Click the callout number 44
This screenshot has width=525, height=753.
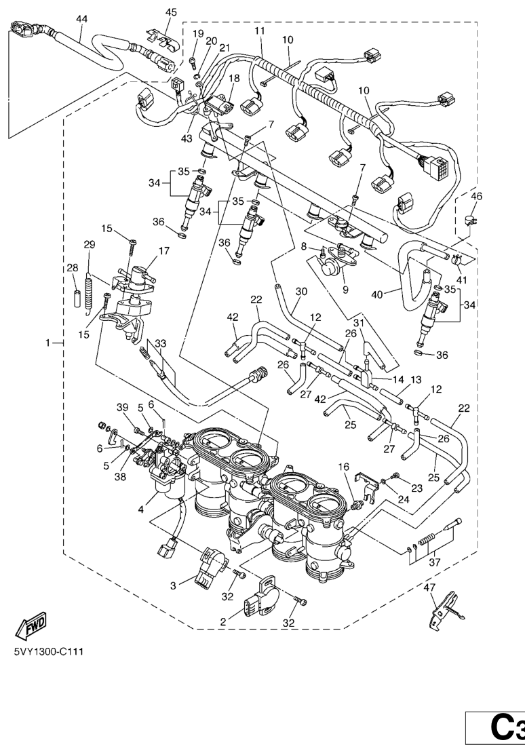pyautogui.click(x=81, y=19)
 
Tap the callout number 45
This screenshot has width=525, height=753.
pyautogui.click(x=171, y=12)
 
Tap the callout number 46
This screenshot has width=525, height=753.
pyautogui.click(x=476, y=197)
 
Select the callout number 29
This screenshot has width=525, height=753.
pyautogui.click(x=89, y=245)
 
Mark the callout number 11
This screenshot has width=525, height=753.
pyautogui.click(x=260, y=31)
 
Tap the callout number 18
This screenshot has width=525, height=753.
pyautogui.click(x=234, y=79)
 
